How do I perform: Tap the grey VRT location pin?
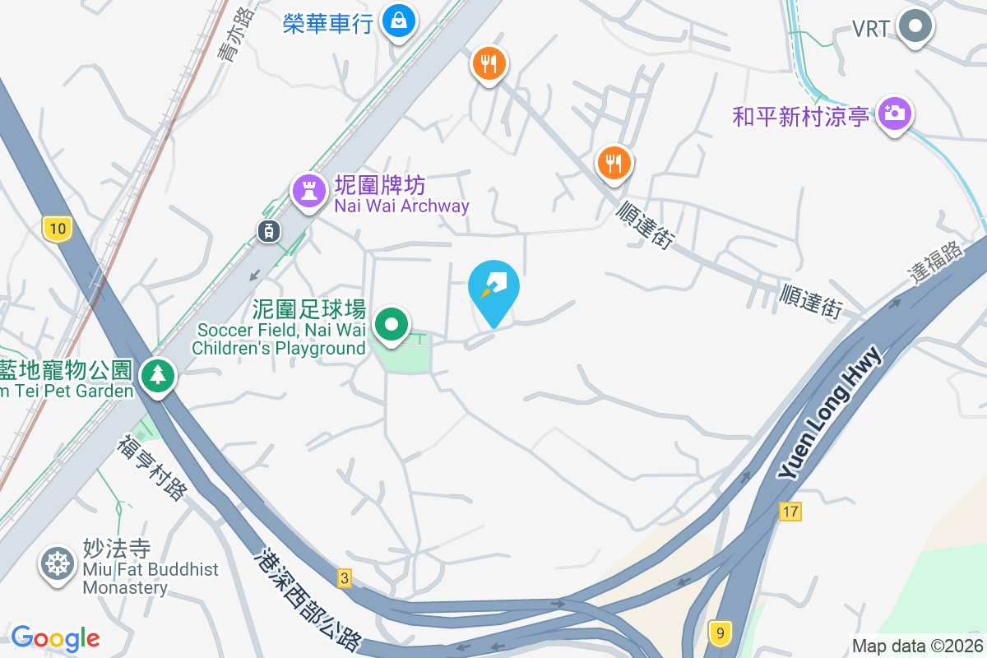[914, 27]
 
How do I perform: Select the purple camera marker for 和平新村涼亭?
[893, 113]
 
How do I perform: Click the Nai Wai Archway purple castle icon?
[308, 192]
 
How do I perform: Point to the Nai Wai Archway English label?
[401, 206]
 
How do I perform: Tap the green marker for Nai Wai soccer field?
[392, 324]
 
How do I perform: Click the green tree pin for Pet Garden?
[157, 376]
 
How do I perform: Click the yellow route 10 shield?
[56, 229]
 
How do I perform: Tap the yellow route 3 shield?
[344, 578]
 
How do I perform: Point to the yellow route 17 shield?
[790, 512]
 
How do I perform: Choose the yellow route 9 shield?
[720, 633]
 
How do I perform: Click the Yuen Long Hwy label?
[830, 413]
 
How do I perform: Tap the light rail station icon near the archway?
[269, 231]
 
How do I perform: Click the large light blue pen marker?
[493, 288]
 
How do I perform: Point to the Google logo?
[55, 638]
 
